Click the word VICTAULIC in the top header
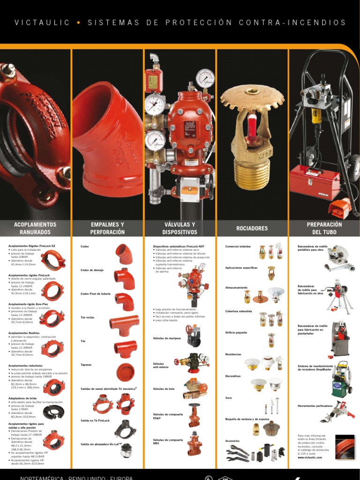click(42, 22)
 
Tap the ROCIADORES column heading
click(252, 228)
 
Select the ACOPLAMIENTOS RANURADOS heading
click(35, 228)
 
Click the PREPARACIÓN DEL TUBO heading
click(324, 228)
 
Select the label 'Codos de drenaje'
click(91, 270)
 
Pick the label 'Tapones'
click(86, 365)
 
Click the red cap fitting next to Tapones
click(125, 371)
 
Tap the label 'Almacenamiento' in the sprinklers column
click(236, 287)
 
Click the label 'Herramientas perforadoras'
click(315, 405)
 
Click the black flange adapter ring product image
click(53, 412)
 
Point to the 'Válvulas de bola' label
click(163, 389)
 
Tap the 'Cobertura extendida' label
click(239, 311)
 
